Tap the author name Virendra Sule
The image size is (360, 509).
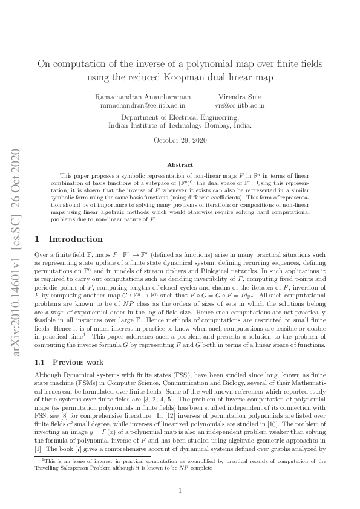241,97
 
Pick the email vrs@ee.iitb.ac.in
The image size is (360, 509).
241,105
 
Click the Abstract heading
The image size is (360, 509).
180,164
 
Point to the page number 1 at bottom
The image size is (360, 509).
180,491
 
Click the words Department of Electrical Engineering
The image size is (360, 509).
180,117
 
